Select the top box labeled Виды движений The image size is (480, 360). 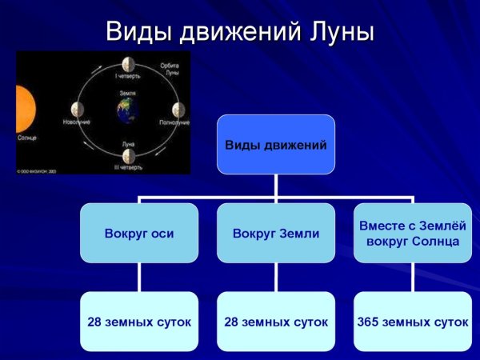[x=276, y=145]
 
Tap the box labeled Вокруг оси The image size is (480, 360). [x=139, y=234]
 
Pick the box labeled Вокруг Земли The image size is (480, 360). [x=276, y=234]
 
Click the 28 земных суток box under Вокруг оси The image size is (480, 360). [x=139, y=322]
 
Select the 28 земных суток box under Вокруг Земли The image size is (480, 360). [x=276, y=322]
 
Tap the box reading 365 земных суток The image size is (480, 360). [x=412, y=322]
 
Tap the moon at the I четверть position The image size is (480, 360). [x=126, y=65]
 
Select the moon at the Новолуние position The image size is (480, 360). [x=77, y=109]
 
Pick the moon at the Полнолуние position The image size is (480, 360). [x=175, y=110]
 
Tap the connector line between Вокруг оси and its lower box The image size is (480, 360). [x=139, y=278]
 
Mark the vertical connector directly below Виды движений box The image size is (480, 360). [x=276, y=183]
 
